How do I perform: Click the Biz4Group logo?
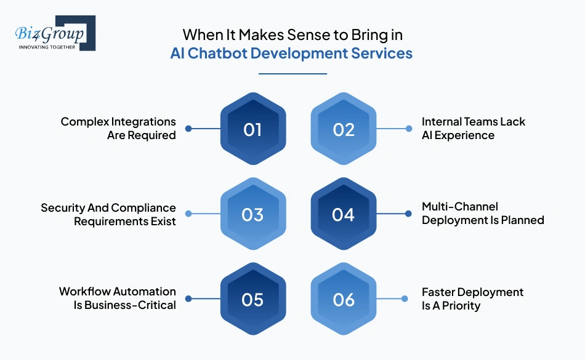coord(55,33)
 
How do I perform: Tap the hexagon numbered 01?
coord(253,129)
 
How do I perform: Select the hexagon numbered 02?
coord(344,129)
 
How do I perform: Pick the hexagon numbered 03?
coord(253,214)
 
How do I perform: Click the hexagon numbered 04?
coord(344,214)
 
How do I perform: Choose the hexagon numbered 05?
coord(253,299)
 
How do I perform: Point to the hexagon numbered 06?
coord(344,299)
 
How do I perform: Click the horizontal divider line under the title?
coord(293,74)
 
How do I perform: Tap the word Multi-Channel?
coord(460,206)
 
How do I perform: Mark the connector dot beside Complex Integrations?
coord(188,129)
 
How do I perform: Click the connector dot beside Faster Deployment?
coord(405,299)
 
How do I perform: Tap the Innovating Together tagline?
coord(47,47)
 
